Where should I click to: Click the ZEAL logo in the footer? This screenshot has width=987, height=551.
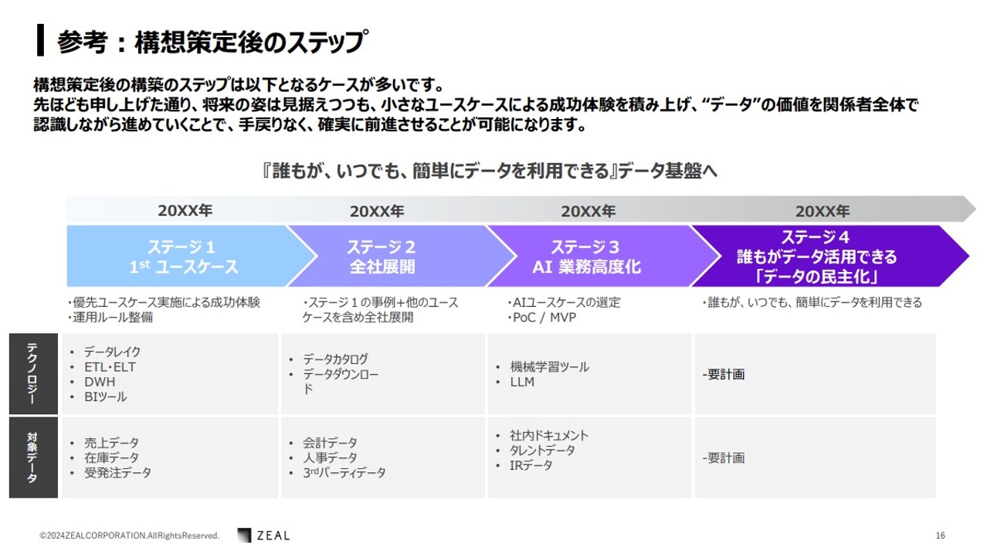(x=263, y=535)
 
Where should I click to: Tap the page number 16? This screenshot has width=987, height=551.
(x=941, y=535)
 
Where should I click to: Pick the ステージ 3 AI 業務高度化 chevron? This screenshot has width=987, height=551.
(x=595, y=256)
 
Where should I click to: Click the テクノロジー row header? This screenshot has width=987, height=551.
(x=33, y=374)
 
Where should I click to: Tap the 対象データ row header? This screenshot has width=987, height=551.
(x=33, y=457)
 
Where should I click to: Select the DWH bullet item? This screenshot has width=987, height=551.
(x=100, y=382)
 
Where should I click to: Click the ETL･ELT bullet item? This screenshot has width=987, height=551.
(x=110, y=367)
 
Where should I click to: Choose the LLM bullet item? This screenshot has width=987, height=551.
(x=522, y=382)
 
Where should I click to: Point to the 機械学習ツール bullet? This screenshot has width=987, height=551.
(x=549, y=367)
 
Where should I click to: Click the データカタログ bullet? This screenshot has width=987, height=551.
(x=335, y=359)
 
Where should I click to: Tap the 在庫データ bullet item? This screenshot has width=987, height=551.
(x=111, y=457)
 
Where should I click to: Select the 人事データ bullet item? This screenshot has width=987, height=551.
(x=330, y=457)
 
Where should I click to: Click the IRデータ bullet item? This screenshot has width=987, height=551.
(x=531, y=465)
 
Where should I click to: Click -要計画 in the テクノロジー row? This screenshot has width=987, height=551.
(x=724, y=374)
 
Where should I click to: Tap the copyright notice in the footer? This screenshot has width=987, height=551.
(x=130, y=536)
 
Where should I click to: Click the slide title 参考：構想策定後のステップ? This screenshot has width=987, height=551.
(x=211, y=42)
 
